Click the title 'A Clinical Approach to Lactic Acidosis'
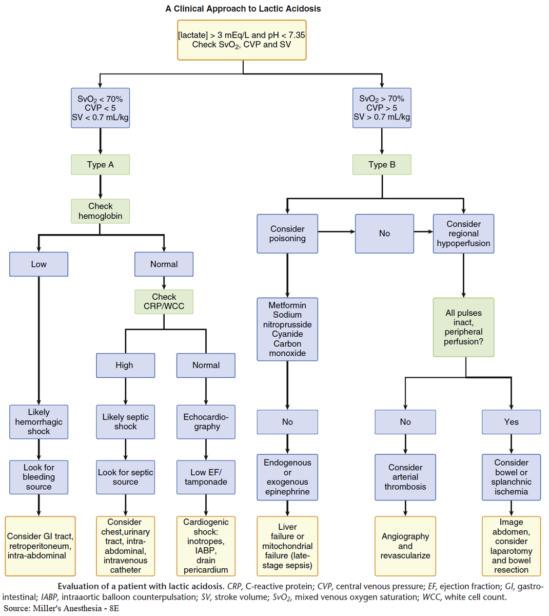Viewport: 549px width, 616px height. point(243,9)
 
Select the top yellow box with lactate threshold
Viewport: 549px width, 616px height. point(242,40)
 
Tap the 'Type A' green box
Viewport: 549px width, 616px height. point(100,165)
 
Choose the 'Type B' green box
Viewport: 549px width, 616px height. point(382,165)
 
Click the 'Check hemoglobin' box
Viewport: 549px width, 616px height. point(100,211)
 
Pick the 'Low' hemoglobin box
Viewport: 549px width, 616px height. point(38,264)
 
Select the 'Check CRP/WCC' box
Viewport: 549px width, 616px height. point(164,302)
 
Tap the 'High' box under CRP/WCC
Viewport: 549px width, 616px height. point(125,365)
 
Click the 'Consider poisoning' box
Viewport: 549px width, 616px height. point(287,234)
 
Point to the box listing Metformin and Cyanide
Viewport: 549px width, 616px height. point(287,329)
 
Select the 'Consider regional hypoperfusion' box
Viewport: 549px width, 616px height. point(463,234)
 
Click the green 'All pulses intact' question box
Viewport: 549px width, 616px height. point(463,327)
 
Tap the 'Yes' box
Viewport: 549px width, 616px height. point(511,422)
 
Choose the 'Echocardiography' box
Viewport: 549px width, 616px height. point(206,422)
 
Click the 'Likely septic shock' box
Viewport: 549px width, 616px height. point(125,422)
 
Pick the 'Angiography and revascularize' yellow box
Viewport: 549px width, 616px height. point(405,546)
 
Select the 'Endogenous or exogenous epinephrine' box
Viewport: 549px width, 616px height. point(287,477)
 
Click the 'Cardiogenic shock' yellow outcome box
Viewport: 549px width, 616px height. point(206,546)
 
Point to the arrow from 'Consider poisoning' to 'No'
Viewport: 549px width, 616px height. point(336,232)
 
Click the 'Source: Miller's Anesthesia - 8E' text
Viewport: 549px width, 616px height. point(61,608)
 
